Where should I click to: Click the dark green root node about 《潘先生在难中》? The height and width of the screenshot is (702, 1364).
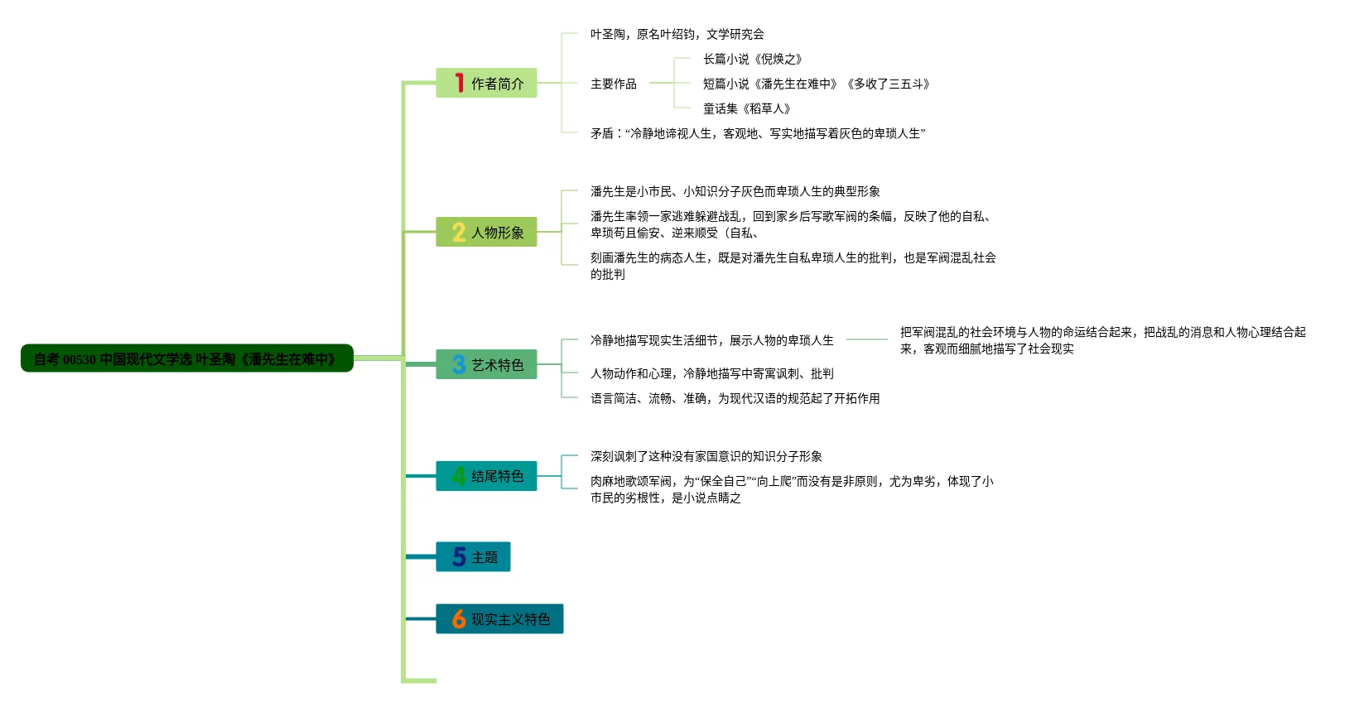[187, 358]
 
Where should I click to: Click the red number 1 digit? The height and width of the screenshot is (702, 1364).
[459, 83]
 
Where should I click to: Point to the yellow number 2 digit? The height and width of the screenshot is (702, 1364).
[459, 232]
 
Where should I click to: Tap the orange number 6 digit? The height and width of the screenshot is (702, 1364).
[459, 618]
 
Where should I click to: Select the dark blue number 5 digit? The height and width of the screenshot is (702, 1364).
[459, 556]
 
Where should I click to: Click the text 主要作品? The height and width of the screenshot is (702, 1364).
[613, 84]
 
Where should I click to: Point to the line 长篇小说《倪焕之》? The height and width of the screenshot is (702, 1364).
[752, 59]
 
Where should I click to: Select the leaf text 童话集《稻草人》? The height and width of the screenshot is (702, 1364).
[746, 108]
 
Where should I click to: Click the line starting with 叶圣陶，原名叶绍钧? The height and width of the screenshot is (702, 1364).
[677, 34]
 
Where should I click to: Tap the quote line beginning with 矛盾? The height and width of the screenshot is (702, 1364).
[757, 133]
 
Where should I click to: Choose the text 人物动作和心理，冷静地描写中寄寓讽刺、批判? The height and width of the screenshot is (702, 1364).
[711, 373]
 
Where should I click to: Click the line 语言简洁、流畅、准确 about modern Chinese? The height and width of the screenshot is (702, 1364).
[735, 398]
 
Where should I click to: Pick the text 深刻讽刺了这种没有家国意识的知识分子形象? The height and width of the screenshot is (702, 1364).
[706, 456]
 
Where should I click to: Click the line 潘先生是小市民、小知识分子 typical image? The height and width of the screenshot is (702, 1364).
[735, 191]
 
